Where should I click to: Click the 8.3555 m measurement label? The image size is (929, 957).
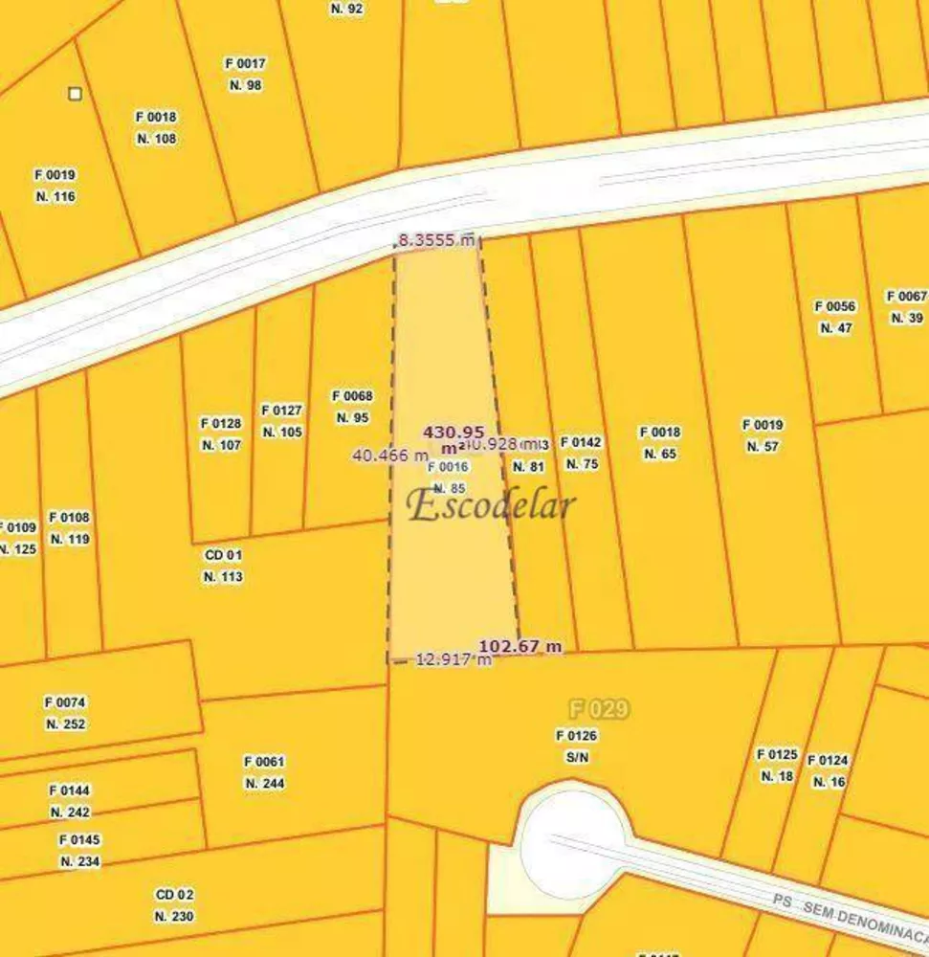tap(436, 241)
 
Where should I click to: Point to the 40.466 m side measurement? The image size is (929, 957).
tap(390, 456)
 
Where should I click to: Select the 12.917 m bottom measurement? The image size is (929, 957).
tap(453, 659)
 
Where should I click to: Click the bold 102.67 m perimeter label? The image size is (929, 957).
tap(520, 646)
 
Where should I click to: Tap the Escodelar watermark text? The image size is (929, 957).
tap(492, 505)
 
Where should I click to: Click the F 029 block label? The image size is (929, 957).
tap(599, 709)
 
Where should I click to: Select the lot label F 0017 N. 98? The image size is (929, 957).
tap(246, 75)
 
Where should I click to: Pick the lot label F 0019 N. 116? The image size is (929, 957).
tap(55, 186)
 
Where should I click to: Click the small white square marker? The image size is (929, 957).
tap(75, 94)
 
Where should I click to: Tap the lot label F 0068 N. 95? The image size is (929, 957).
tap(352, 407)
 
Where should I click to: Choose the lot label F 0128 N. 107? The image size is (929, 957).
tap(221, 434)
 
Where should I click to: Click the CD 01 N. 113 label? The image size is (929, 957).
tap(223, 566)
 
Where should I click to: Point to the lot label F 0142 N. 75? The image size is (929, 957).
tap(582, 453)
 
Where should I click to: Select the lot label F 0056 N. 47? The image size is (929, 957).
tap(835, 317)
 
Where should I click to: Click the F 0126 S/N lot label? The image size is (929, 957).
tap(577, 746)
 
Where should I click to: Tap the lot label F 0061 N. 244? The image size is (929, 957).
tap(264, 772)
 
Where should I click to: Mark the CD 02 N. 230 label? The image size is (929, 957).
tap(174, 905)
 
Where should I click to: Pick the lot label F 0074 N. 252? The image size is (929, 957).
tap(65, 713)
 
